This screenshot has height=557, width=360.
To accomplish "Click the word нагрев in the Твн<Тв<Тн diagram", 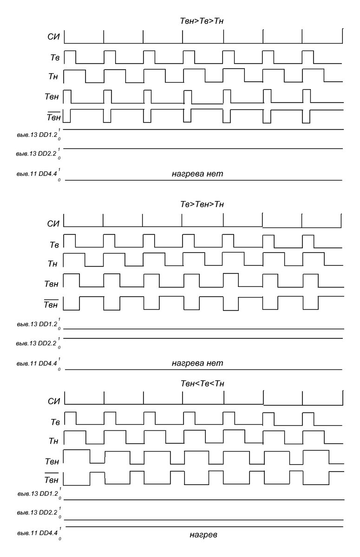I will [x=203, y=535].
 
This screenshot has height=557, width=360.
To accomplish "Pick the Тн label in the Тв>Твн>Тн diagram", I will [x=52, y=264].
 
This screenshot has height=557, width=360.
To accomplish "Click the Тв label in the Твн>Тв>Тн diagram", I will [x=54, y=58].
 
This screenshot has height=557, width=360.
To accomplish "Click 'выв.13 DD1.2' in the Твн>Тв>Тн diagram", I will [x=35, y=135].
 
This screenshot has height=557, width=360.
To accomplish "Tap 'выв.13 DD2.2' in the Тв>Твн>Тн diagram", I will [x=35, y=343].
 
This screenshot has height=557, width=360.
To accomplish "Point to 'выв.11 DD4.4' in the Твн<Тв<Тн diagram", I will [x=35, y=534].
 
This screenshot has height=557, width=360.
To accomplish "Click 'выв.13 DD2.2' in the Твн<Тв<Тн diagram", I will [x=35, y=514].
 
